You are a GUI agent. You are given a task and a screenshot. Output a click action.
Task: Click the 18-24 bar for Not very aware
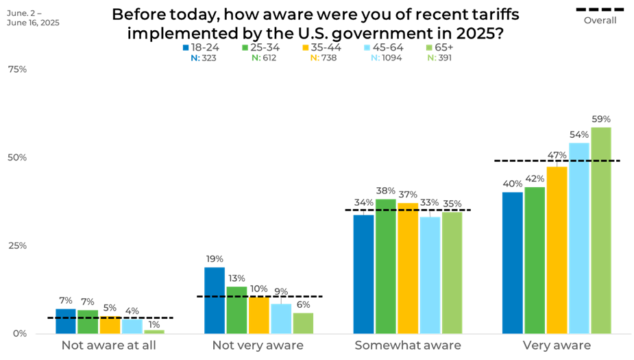pyautogui.click(x=215, y=300)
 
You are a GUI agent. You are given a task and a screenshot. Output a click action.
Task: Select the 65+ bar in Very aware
pyautogui.click(x=600, y=230)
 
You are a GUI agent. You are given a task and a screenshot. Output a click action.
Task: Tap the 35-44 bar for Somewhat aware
pyautogui.click(x=408, y=268)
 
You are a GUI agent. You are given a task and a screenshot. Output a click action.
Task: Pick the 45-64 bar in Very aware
pyautogui.click(x=578, y=238)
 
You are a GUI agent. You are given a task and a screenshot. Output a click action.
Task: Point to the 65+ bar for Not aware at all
pyautogui.click(x=154, y=331)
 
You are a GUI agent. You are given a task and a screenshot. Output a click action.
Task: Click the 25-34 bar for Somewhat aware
pyautogui.click(x=385, y=266)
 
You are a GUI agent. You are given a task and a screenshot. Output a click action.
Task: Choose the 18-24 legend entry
pyautogui.click(x=201, y=47)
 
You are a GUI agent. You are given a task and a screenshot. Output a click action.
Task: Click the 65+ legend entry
pyautogui.click(x=439, y=47)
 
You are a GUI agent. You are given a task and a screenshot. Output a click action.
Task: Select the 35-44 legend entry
pyautogui.click(x=321, y=47)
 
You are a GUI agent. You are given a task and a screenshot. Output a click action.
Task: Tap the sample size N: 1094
pyautogui.click(x=386, y=58)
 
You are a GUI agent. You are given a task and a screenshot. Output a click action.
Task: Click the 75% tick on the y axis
pyautogui.click(x=16, y=69)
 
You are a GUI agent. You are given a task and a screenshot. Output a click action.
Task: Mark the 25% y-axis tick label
pyautogui.click(x=16, y=245)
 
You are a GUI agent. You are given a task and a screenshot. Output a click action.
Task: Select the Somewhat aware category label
pyautogui.click(x=407, y=345)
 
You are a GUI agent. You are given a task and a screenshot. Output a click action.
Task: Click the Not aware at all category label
pyautogui.click(x=109, y=345)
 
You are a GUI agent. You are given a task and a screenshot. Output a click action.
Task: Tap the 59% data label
pyautogui.click(x=601, y=119)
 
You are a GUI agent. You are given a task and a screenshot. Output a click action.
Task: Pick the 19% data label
pyautogui.click(x=215, y=259)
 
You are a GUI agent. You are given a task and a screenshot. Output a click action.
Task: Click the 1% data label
pyautogui.click(x=154, y=324)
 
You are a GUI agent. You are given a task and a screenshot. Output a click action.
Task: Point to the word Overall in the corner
pyautogui.click(x=600, y=20)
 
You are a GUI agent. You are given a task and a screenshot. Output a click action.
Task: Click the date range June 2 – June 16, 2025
pyautogui.click(x=33, y=18)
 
